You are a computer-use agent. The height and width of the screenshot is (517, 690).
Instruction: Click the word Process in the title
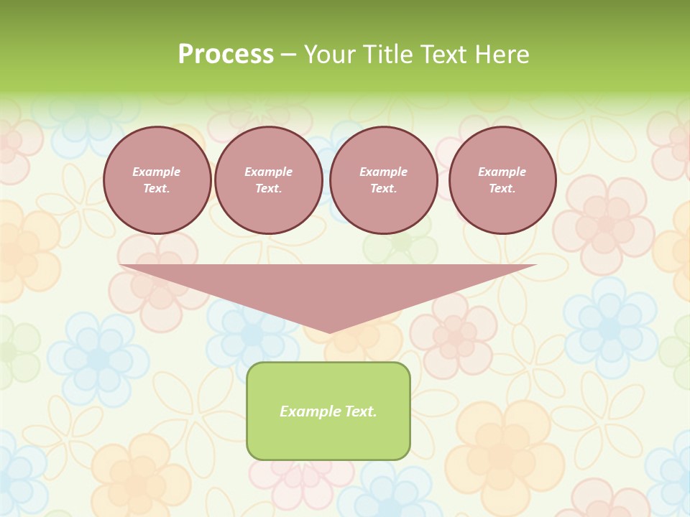coord(226,55)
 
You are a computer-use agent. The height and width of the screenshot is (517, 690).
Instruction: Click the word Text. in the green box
coord(359,411)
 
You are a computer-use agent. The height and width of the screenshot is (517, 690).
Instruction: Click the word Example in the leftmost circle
coord(157,172)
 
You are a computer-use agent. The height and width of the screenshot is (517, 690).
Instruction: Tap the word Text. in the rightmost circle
coord(502,189)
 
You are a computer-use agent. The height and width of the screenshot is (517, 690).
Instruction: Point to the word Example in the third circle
coord(383,172)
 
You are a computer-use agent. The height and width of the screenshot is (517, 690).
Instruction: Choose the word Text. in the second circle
coord(268,189)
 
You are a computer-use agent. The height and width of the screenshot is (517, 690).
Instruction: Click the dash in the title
coord(288,55)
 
